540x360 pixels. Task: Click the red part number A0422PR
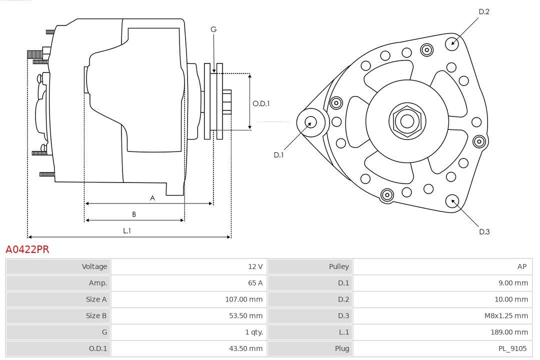tap(27, 249)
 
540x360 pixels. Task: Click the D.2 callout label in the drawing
tap(483, 11)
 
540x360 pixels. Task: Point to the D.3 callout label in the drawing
tap(484, 231)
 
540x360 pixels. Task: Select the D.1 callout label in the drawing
tap(278, 155)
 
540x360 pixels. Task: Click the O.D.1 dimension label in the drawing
tap(261, 104)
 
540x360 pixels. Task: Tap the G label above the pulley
tap(213, 29)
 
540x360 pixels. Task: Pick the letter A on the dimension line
tap(152, 198)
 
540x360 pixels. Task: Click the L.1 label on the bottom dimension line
tap(127, 230)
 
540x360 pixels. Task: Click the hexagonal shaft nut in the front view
tap(407, 121)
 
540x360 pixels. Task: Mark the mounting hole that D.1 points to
tap(310, 121)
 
